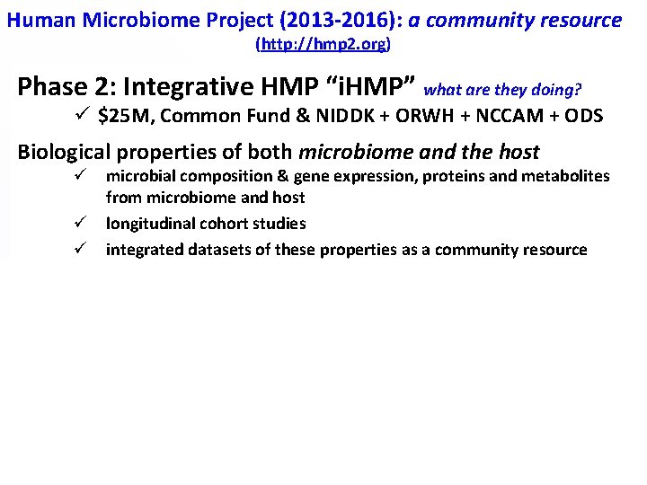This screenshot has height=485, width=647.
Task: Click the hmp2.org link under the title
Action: pyautogui.click(x=323, y=43)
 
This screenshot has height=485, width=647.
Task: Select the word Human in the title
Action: pyautogui.click(x=38, y=20)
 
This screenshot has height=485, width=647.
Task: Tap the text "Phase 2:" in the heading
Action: pyautogui.click(x=67, y=87)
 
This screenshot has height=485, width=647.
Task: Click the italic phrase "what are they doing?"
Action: pyautogui.click(x=502, y=90)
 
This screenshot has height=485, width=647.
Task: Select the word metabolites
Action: pyautogui.click(x=570, y=176)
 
